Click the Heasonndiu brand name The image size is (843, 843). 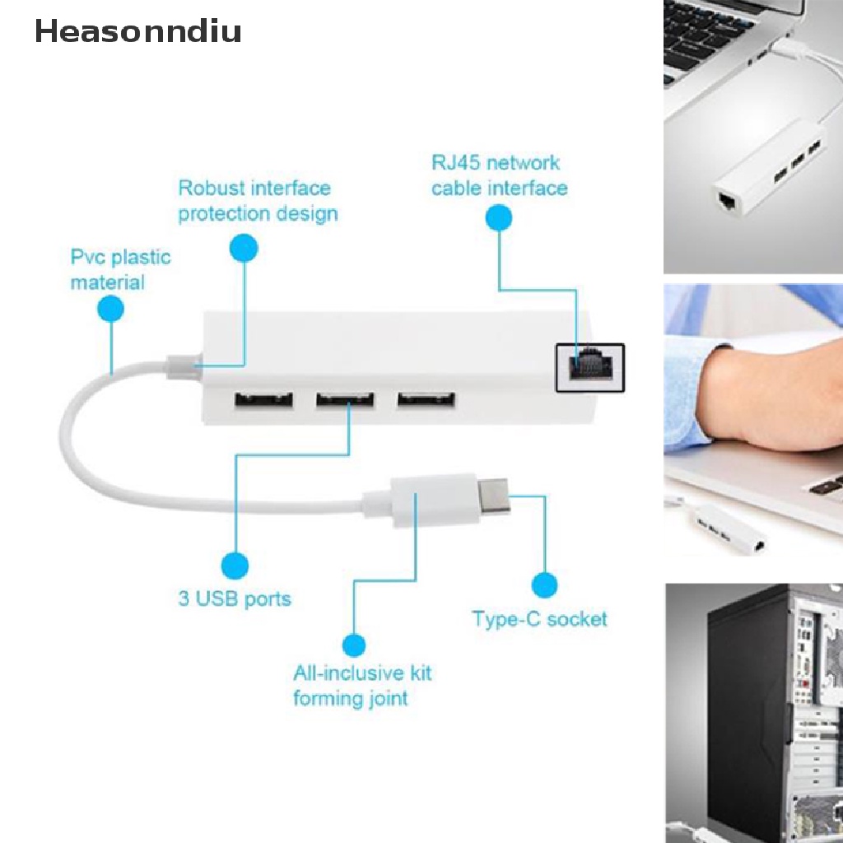(138, 30)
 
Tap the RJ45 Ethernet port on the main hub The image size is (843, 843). (590, 367)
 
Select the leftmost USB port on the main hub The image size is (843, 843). (263, 400)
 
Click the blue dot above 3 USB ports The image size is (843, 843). (235, 566)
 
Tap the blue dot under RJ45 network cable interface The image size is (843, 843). (498, 217)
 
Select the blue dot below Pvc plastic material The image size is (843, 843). (111, 309)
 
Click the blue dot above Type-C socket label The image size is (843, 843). (545, 585)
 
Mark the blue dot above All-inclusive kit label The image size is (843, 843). (353, 645)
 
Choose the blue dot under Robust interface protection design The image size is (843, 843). (244, 248)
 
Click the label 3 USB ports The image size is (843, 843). (235, 599)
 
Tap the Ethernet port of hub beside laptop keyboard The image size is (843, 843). (729, 203)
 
